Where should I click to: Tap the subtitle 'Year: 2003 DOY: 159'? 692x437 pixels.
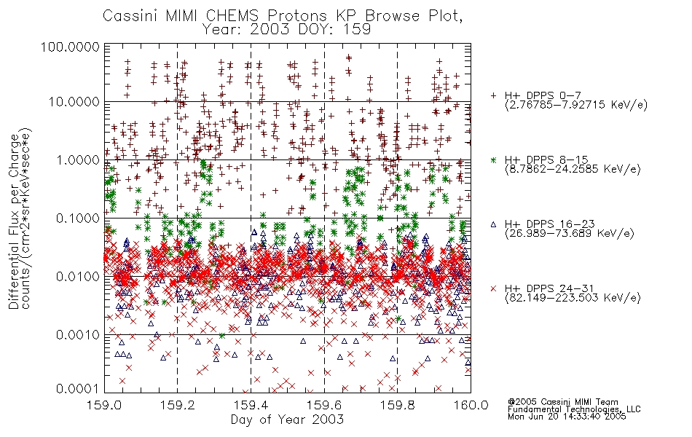pos(286,29)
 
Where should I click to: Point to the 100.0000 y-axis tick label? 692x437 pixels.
pos(70,47)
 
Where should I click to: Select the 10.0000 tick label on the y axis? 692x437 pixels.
pos(74,102)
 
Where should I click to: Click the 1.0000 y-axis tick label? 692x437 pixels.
pos(78,160)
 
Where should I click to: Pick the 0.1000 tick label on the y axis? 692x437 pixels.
pos(78,218)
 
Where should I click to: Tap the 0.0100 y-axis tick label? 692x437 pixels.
pos(78,276)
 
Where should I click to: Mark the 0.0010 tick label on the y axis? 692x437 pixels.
pos(78,334)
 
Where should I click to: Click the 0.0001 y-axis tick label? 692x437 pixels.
pos(78,389)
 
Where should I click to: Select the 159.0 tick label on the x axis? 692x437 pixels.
pos(104,405)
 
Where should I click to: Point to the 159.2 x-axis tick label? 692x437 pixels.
pos(178,405)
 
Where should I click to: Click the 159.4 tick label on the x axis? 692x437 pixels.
pos(251,405)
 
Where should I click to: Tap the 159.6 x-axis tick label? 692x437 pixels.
pos(324,405)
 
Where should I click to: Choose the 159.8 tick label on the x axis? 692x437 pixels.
pos(397,405)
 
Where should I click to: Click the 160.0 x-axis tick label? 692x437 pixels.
pos(471,405)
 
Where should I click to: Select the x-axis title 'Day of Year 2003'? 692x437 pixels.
pos(287,420)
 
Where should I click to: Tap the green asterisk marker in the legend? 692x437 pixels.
pos(493,160)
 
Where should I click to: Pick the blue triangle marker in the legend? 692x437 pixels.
pos(493,224)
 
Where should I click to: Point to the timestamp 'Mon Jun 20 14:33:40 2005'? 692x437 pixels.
pos(567,416)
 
